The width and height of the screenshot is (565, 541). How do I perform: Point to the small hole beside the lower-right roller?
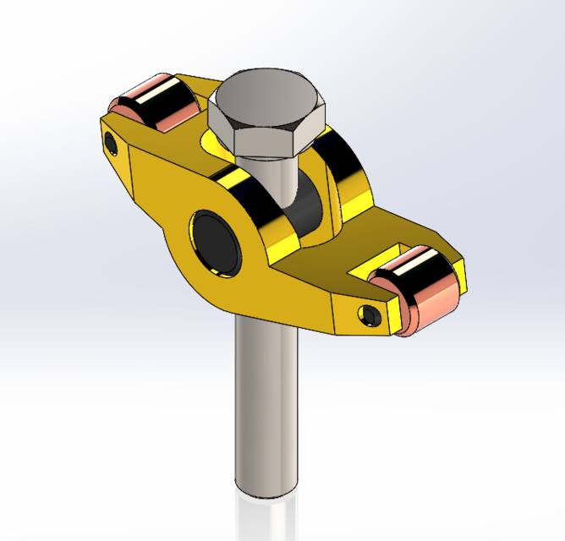click(370, 314)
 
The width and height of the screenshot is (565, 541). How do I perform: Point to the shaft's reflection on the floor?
click(264, 520)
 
